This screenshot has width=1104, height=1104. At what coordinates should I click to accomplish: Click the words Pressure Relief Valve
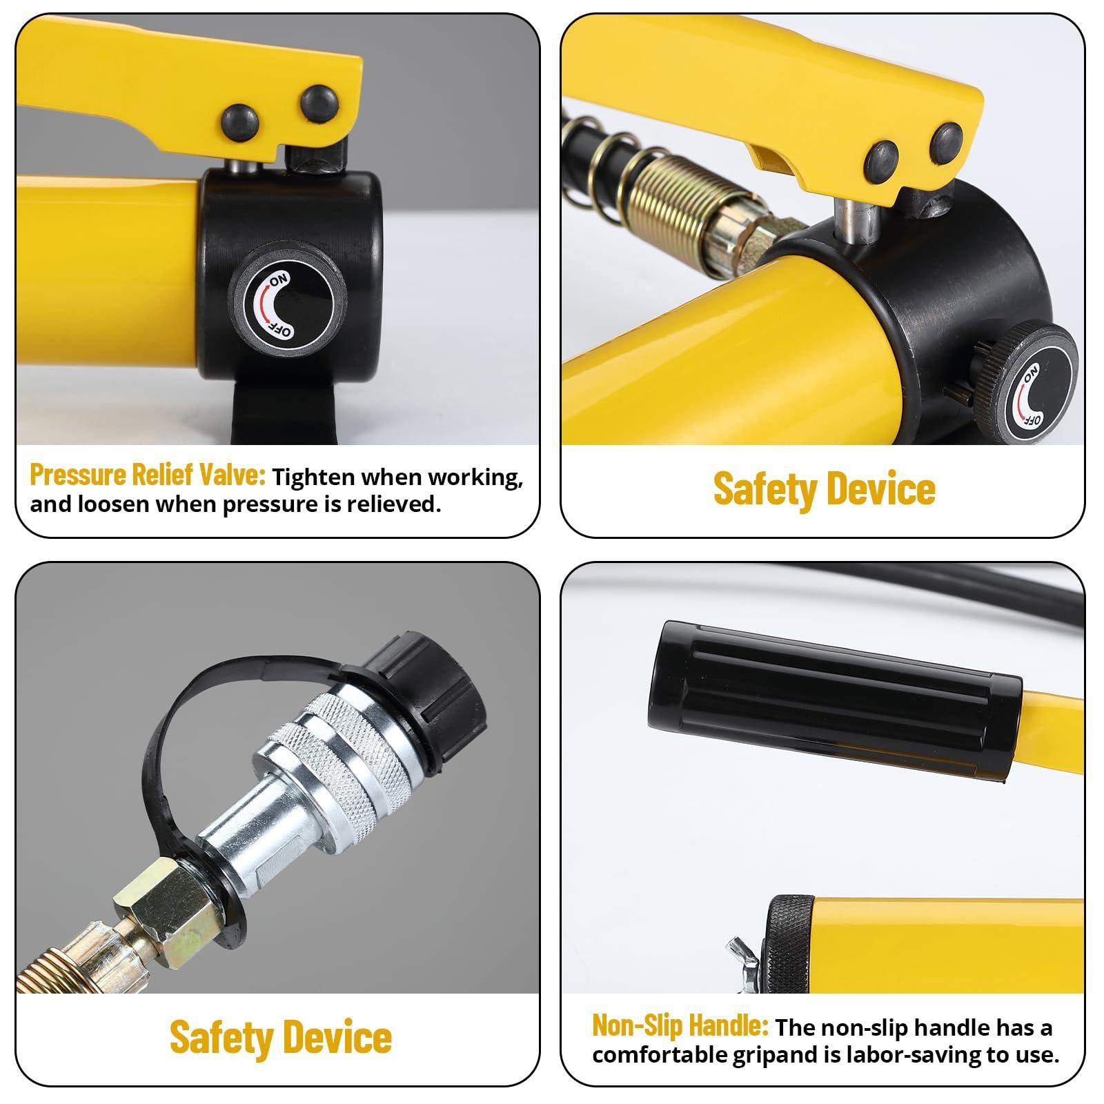pos(147,475)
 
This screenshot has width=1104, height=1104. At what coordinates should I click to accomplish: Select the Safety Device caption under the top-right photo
pos(824,489)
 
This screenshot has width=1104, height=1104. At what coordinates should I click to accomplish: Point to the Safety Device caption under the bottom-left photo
pos(280,1037)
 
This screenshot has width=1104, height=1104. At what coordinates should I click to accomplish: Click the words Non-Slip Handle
pos(680,1026)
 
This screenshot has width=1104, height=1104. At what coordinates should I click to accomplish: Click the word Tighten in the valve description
pos(313,477)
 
